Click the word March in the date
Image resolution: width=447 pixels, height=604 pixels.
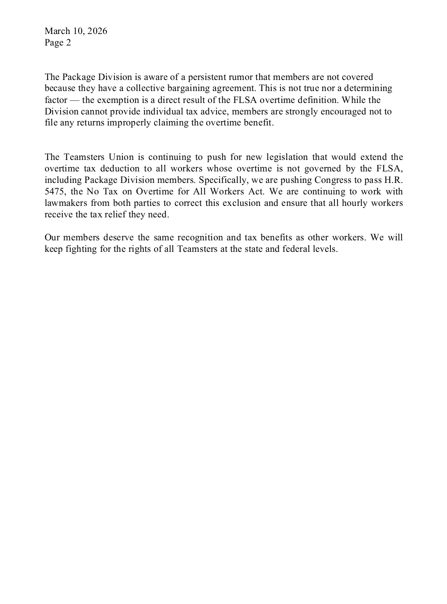[57, 31]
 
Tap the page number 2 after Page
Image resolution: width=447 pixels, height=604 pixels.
[68, 43]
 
